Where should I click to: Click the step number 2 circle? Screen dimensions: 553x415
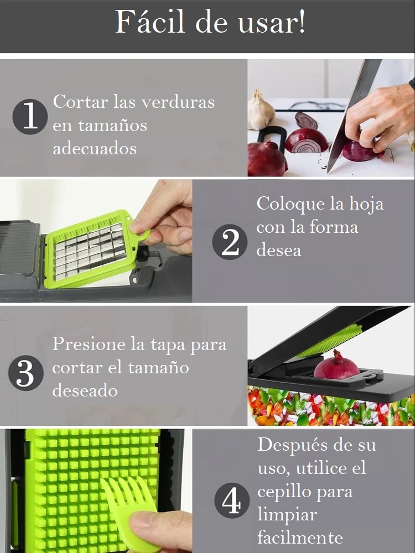coord(230,242)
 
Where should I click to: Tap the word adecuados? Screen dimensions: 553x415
coord(94,148)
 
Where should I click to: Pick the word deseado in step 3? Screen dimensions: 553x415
coord(85,390)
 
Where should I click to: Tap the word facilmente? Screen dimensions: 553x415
coord(300,538)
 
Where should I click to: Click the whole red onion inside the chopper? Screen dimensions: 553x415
coord(336,366)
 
